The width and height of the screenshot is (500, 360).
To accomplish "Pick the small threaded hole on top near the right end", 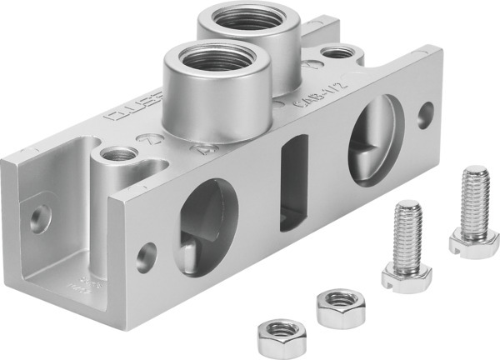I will click(337, 53).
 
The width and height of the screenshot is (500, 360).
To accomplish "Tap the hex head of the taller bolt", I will click(467, 239).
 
